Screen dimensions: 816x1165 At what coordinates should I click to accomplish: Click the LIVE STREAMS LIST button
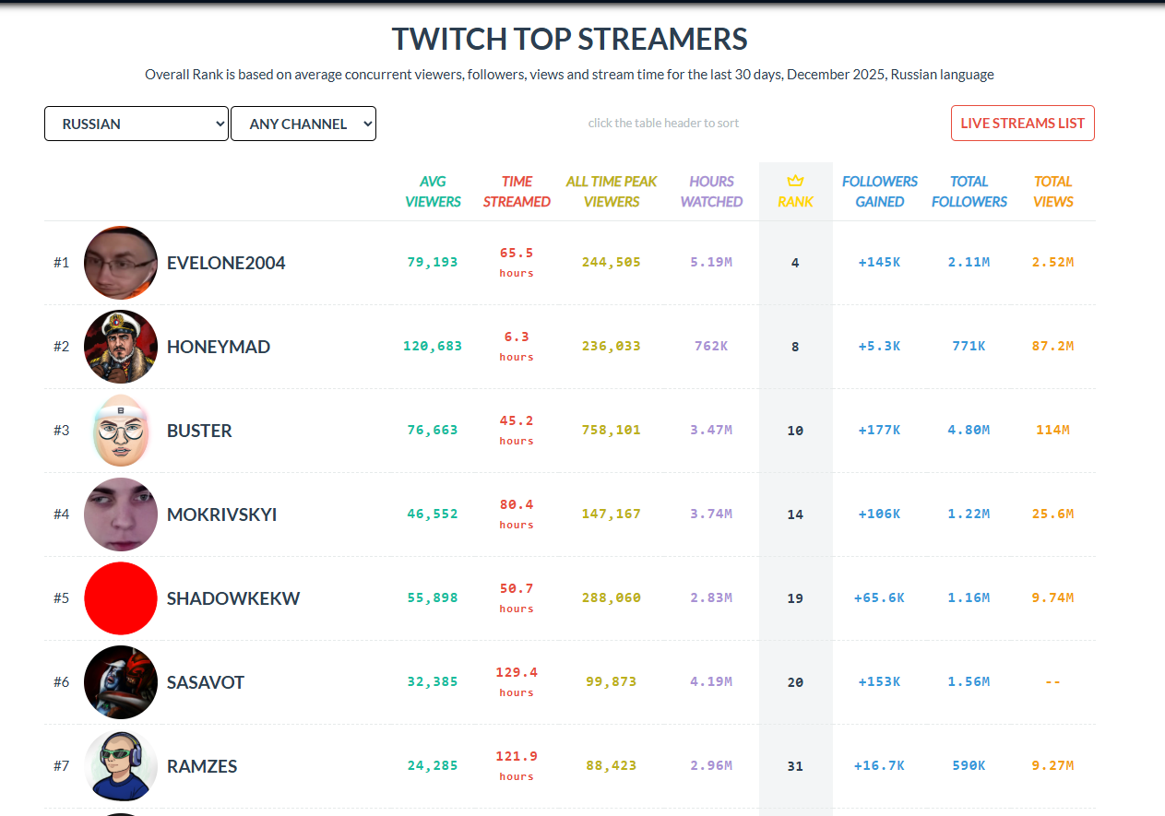pyautogui.click(x=1022, y=124)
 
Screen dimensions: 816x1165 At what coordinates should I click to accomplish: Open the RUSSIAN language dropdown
pyautogui.click(x=137, y=124)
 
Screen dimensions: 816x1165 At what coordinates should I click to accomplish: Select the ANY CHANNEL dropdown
pyautogui.click(x=303, y=124)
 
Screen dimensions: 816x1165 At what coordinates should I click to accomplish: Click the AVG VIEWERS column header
pyautogui.click(x=433, y=192)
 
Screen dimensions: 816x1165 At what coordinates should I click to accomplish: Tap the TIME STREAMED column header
pyautogui.click(x=517, y=192)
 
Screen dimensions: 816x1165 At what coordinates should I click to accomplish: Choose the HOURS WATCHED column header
pyautogui.click(x=711, y=192)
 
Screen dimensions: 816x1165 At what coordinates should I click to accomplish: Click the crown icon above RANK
pyautogui.click(x=795, y=181)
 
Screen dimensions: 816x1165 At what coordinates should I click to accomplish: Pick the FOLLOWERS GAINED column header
pyautogui.click(x=879, y=192)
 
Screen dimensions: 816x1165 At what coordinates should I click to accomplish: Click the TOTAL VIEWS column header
pyautogui.click(x=1052, y=192)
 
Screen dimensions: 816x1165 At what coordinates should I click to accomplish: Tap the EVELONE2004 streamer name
pyautogui.click(x=226, y=263)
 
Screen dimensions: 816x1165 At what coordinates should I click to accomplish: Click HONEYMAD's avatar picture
pyautogui.click(x=121, y=347)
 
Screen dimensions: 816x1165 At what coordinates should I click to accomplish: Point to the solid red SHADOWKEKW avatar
pyautogui.click(x=121, y=598)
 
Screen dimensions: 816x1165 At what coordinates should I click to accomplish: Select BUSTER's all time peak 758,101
pyautogui.click(x=612, y=431)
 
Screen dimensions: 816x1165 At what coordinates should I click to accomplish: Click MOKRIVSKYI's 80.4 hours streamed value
pyautogui.click(x=517, y=505)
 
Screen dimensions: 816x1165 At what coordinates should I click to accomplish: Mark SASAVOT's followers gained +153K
pyautogui.click(x=879, y=682)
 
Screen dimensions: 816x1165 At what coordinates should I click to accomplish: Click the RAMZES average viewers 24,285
pyautogui.click(x=433, y=766)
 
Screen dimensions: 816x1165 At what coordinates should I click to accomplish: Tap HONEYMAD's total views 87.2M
pyautogui.click(x=1052, y=347)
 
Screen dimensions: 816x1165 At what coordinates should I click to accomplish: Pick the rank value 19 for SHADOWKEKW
pyautogui.click(x=795, y=598)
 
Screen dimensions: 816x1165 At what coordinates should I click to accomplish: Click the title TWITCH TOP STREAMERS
pyautogui.click(x=569, y=40)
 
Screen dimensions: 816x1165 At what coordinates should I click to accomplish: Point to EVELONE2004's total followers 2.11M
pyautogui.click(x=969, y=263)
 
